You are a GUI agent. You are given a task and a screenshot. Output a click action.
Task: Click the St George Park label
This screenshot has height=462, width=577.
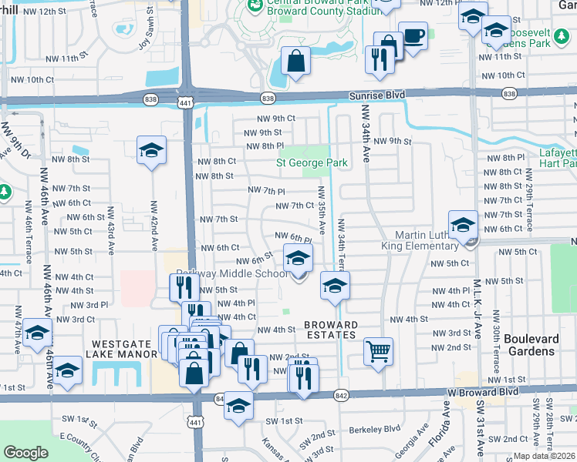[x=312, y=162]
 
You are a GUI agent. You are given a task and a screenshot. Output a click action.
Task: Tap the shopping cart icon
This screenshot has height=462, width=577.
[x=378, y=351]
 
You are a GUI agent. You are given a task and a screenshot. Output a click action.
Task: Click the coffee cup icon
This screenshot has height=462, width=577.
[x=413, y=35]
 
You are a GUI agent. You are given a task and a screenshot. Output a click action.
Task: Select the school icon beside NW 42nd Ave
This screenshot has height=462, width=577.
[x=152, y=149]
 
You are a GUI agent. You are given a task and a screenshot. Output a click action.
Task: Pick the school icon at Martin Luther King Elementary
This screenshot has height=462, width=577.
[x=463, y=225]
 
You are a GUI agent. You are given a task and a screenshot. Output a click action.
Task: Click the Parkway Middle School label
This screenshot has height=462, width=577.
[x=232, y=273]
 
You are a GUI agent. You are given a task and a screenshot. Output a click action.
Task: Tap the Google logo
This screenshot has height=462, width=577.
[x=25, y=453]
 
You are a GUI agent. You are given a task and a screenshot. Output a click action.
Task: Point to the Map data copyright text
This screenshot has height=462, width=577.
[x=544, y=456]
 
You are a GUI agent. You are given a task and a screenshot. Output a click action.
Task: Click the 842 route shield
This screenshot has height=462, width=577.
[x=341, y=394]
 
